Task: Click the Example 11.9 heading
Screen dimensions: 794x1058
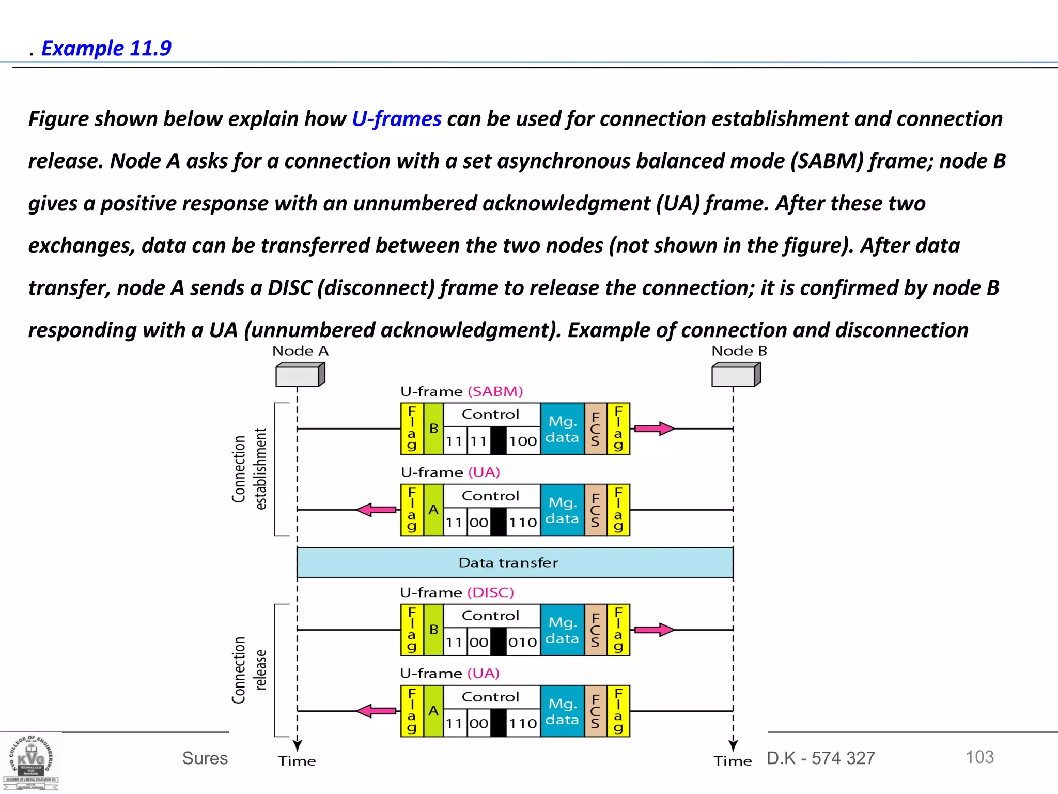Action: (106, 48)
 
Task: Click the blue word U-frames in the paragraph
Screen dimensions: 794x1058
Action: (396, 119)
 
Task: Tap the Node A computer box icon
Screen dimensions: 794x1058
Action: (300, 374)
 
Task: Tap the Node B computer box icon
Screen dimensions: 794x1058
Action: (736, 374)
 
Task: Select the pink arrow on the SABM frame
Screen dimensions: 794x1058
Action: (654, 429)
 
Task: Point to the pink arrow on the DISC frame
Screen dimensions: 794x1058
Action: (654, 630)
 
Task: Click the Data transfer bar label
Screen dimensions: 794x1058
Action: (508, 562)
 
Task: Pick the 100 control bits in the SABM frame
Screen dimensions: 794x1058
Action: (523, 441)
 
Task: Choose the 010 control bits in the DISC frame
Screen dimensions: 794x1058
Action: (523, 643)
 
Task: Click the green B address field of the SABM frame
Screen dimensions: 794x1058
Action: (433, 429)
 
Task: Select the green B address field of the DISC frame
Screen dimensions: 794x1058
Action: (433, 630)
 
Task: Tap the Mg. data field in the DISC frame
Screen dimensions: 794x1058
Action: (562, 630)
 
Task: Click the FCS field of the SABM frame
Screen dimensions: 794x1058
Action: (595, 429)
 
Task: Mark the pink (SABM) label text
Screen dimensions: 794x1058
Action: (495, 391)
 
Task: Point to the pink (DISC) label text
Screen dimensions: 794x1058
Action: (490, 592)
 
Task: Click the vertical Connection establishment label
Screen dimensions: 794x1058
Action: (249, 469)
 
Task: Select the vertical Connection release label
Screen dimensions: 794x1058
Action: (249, 670)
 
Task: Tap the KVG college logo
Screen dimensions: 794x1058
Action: (31, 763)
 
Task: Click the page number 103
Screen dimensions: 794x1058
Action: (979, 757)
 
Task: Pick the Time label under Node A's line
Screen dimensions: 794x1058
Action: (297, 761)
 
